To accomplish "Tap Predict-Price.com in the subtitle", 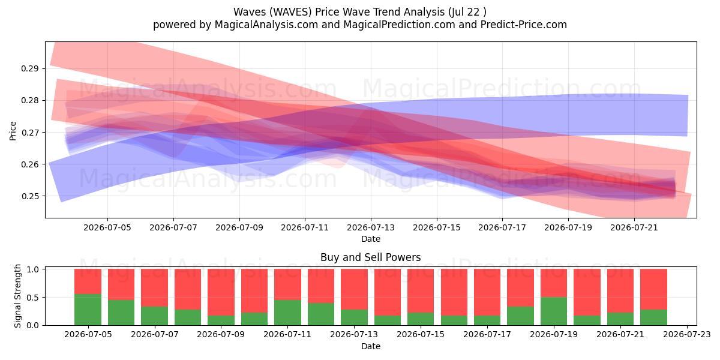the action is pyautogui.click(x=524, y=25).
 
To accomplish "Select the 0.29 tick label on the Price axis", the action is pyautogui.click(x=29, y=68).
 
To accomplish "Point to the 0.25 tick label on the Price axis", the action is pyautogui.click(x=29, y=196).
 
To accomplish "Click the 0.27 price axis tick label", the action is pyautogui.click(x=29, y=133).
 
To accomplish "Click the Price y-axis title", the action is pyautogui.click(x=13, y=131).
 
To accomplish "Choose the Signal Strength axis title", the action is pyautogui.click(x=17, y=296).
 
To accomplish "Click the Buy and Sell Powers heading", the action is pyautogui.click(x=371, y=257).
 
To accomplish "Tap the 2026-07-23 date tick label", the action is pyautogui.click(x=687, y=335).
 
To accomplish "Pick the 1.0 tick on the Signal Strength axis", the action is pyautogui.click(x=32, y=269).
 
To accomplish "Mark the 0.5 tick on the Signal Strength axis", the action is pyautogui.click(x=32, y=298).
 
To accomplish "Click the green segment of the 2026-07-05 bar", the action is pyautogui.click(x=88, y=310).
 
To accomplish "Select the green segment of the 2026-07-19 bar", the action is pyautogui.click(x=554, y=311).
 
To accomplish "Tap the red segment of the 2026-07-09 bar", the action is pyautogui.click(x=221, y=292).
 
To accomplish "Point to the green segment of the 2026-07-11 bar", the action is pyautogui.click(x=287, y=313).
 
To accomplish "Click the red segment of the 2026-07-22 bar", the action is pyautogui.click(x=653, y=289).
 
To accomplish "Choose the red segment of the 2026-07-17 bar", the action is pyautogui.click(x=487, y=292).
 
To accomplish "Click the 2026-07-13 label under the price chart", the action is pyautogui.click(x=371, y=227).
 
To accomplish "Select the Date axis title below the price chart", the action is pyautogui.click(x=371, y=239).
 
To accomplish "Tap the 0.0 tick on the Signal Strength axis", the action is pyautogui.click(x=32, y=325).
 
